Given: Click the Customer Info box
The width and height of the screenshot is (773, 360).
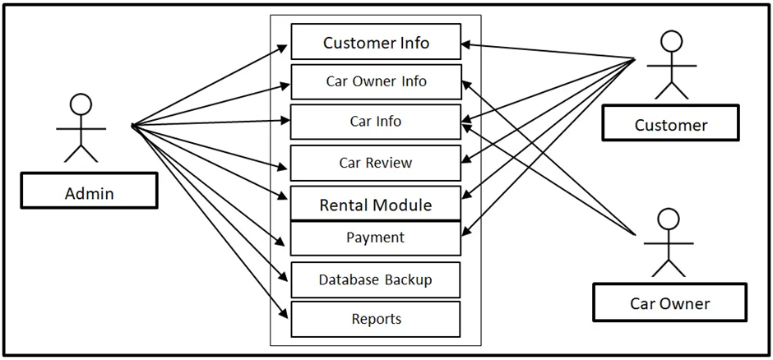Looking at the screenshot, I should point(376,42).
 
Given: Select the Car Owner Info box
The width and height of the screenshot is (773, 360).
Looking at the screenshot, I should point(376,81).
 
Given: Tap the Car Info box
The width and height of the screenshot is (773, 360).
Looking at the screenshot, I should point(376,122).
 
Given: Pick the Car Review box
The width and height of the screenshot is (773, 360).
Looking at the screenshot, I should point(376,163).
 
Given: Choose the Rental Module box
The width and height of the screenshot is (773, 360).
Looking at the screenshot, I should point(376,204).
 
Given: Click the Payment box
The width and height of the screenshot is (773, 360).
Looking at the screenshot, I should point(376,238).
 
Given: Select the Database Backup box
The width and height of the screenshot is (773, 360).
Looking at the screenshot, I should point(376,279).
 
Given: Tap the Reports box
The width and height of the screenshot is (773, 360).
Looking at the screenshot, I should point(376,319).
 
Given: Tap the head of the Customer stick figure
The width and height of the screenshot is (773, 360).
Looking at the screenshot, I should point(672,42).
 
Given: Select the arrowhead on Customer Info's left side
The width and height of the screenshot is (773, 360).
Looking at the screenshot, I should point(285,48).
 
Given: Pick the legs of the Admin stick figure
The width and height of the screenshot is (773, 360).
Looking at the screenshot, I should point(81,151).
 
